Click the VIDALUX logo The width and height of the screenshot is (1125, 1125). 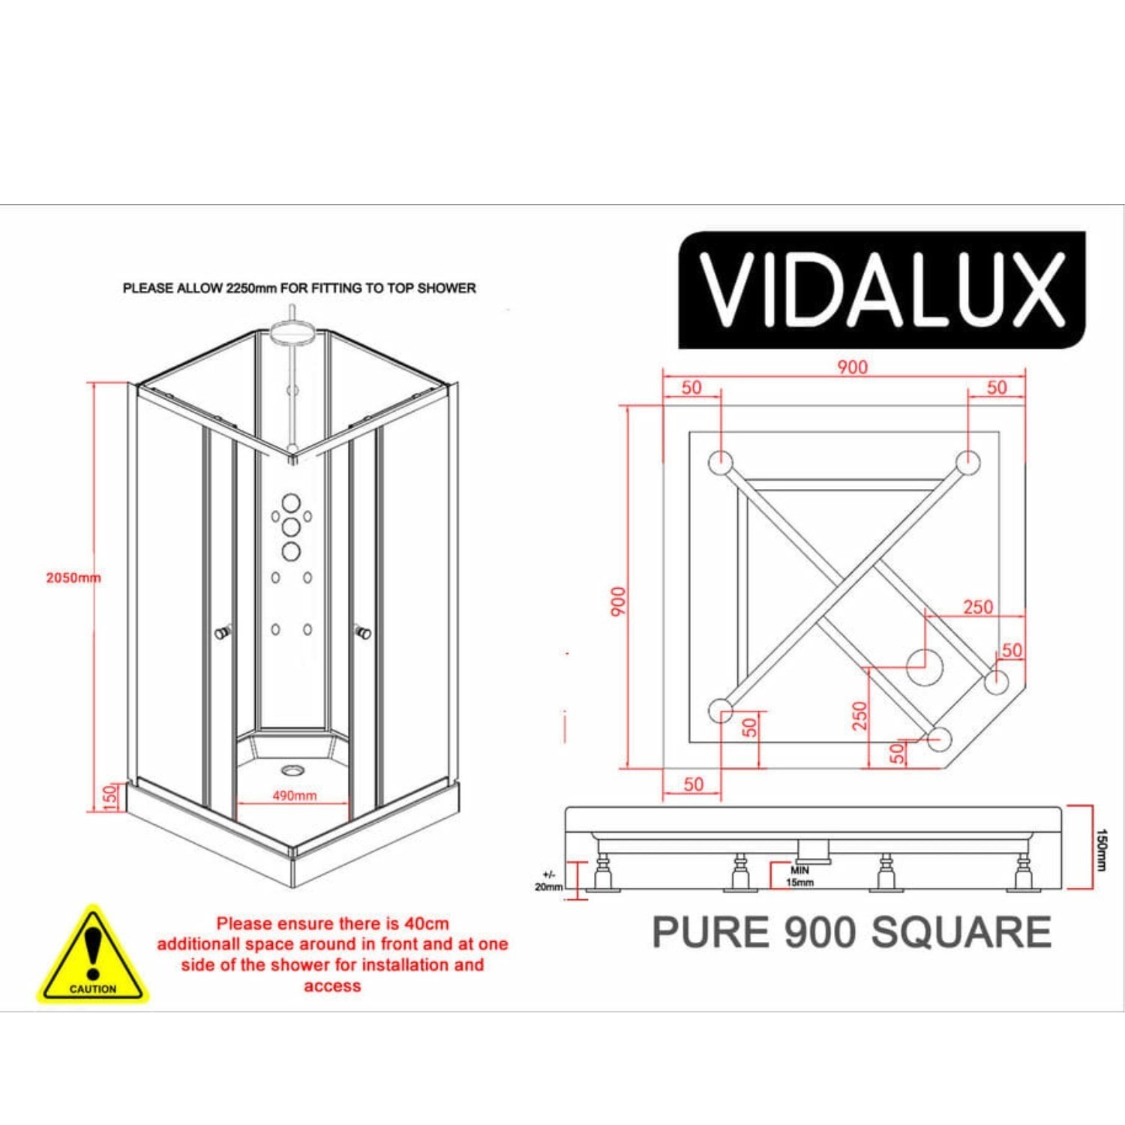(x=882, y=289)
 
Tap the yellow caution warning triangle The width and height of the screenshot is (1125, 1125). (x=93, y=955)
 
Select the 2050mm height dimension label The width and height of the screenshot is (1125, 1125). (x=73, y=577)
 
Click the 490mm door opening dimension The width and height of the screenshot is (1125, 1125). (x=294, y=795)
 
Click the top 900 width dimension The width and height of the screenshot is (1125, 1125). (x=852, y=367)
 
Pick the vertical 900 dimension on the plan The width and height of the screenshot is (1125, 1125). (x=617, y=601)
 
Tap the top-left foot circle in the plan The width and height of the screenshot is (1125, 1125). (x=720, y=461)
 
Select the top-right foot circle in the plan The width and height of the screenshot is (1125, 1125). (x=968, y=461)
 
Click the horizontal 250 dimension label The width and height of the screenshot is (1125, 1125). (x=978, y=606)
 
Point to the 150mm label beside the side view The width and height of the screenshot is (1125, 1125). (x=1100, y=849)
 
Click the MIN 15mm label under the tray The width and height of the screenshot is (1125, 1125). (x=800, y=876)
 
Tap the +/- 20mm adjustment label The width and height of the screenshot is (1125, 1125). (x=548, y=880)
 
